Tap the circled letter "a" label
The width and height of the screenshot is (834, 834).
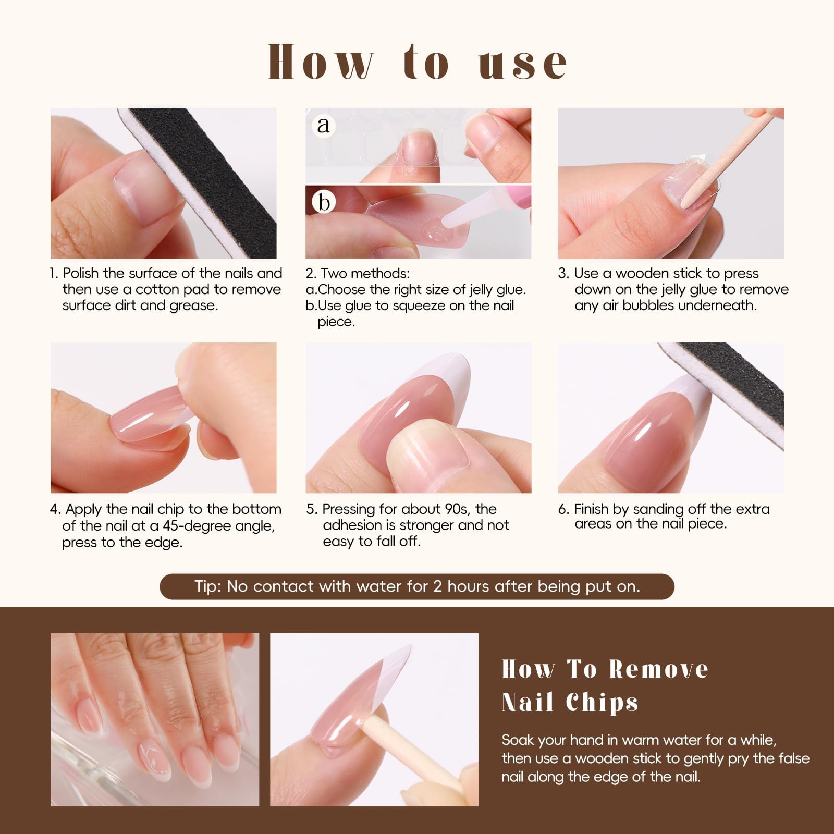[x=324, y=125]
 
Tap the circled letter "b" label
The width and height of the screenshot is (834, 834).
[x=324, y=202]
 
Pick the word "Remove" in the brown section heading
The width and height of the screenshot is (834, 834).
[x=659, y=669]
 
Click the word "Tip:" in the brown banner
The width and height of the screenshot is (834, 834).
[x=208, y=586]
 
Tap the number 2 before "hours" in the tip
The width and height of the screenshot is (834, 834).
[x=437, y=586]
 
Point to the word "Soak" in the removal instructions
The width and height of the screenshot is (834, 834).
[x=517, y=740]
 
